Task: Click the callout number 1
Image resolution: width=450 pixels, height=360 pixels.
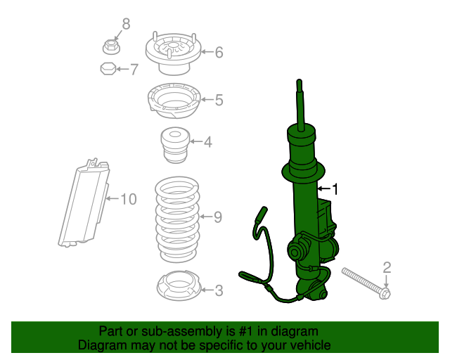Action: coord(335,189)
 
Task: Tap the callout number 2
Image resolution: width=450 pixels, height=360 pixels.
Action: coord(386,266)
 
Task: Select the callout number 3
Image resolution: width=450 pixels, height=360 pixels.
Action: coord(219,290)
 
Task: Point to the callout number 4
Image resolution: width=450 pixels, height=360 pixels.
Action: coord(207,143)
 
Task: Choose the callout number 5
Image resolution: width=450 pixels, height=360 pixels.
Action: coord(219,101)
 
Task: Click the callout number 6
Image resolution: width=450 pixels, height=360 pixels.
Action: coord(219,52)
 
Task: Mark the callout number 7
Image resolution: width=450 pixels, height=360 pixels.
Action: coord(134,69)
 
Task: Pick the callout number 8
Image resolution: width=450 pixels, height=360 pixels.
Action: coord(126,25)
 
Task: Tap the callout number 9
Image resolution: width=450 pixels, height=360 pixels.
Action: coord(217,217)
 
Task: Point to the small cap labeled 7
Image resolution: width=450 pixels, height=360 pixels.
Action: coord(106,69)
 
